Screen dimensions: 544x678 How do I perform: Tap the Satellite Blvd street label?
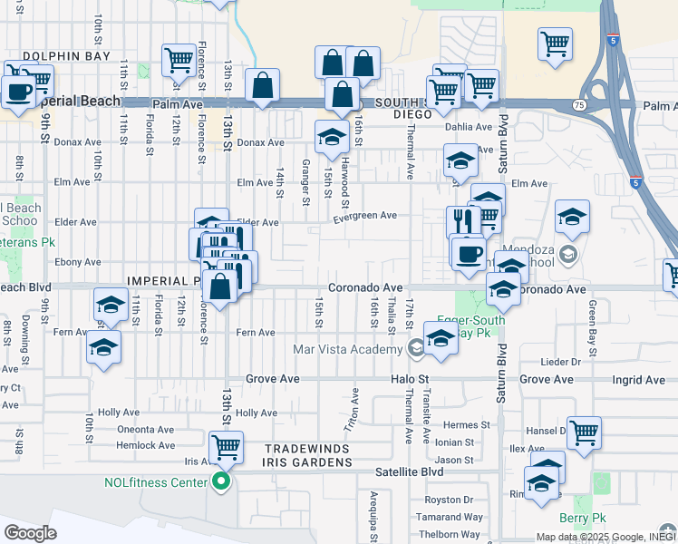410,472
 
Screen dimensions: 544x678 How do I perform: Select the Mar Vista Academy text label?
347,349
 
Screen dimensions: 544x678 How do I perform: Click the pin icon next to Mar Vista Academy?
415,348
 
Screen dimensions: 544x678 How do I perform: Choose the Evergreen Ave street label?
365,216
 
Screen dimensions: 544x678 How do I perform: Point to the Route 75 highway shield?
579,105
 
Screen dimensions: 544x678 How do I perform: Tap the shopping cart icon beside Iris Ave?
226,446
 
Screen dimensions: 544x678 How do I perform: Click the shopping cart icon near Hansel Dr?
584,432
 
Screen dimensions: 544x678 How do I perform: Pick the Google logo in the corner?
30,532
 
